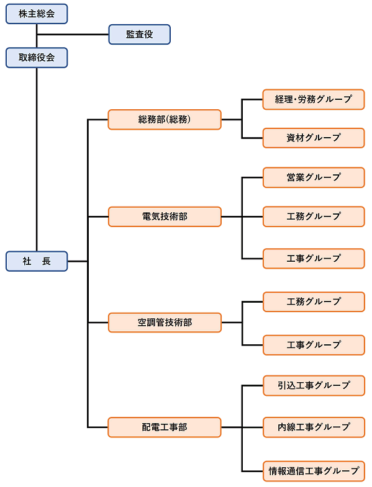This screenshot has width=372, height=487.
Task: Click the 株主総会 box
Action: coord(37,14)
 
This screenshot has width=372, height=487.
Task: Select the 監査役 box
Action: coord(139,34)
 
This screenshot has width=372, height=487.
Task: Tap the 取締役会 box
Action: coord(37,58)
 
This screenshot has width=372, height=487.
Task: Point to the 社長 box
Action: coord(37,261)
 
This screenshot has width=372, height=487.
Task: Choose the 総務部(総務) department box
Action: coord(165,119)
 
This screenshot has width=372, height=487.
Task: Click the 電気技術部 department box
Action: coord(165,217)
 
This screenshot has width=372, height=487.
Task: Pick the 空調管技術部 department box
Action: coord(165,323)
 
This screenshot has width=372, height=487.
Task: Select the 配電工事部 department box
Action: coord(165,427)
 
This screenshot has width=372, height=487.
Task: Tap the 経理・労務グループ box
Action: coord(314,99)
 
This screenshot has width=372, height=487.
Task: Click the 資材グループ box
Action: coord(314,138)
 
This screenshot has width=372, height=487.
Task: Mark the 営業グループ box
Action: coord(314,177)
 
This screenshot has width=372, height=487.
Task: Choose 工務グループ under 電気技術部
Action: coord(314,217)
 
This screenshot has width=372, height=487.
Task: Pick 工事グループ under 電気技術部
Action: coord(314,259)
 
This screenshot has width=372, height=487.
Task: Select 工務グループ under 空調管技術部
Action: coord(314,302)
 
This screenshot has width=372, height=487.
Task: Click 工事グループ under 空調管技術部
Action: coord(314,345)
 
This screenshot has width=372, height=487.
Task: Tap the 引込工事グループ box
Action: coord(314,385)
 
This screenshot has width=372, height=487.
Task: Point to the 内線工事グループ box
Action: coord(314,427)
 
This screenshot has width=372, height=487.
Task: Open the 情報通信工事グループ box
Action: coord(314,471)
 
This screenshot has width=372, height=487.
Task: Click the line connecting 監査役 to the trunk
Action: coord(73,34)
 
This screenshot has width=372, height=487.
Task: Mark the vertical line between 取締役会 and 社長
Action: coord(37,159)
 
